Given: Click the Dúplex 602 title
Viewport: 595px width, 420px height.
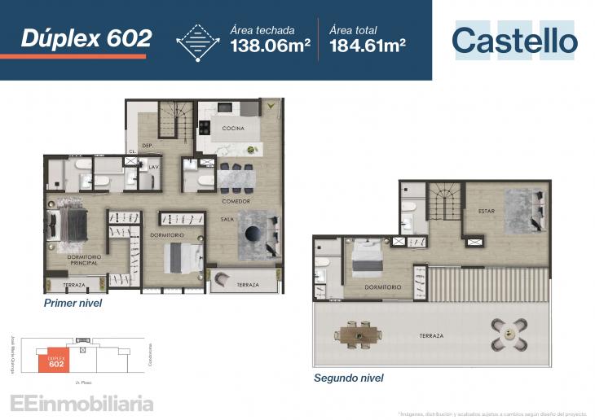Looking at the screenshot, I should click(86, 37).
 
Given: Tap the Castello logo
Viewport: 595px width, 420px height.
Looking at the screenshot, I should click(514, 41).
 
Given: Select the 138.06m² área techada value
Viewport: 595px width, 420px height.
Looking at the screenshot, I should click(270, 46).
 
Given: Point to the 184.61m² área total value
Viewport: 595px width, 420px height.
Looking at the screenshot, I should click(368, 46).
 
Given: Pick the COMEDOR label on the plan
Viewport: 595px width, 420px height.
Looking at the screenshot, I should click(236, 201).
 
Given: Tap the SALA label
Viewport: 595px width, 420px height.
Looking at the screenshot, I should click(227, 219).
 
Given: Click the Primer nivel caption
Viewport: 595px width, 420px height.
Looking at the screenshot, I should click(73, 303).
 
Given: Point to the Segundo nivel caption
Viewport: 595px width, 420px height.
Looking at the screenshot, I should click(349, 378).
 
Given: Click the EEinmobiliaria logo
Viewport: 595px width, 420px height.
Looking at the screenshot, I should click(81, 403).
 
